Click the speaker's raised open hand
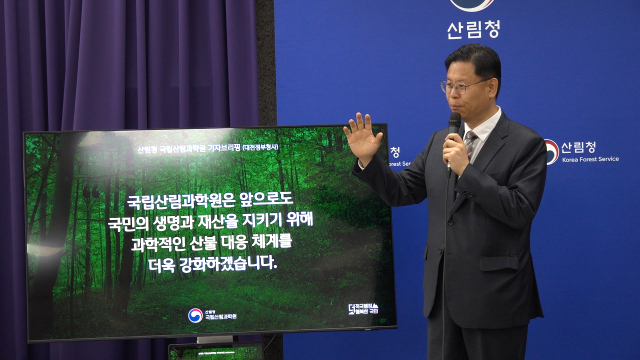362,138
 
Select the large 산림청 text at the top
472,28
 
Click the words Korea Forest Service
590,159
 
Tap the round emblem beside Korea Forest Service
550,152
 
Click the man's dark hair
476,59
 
